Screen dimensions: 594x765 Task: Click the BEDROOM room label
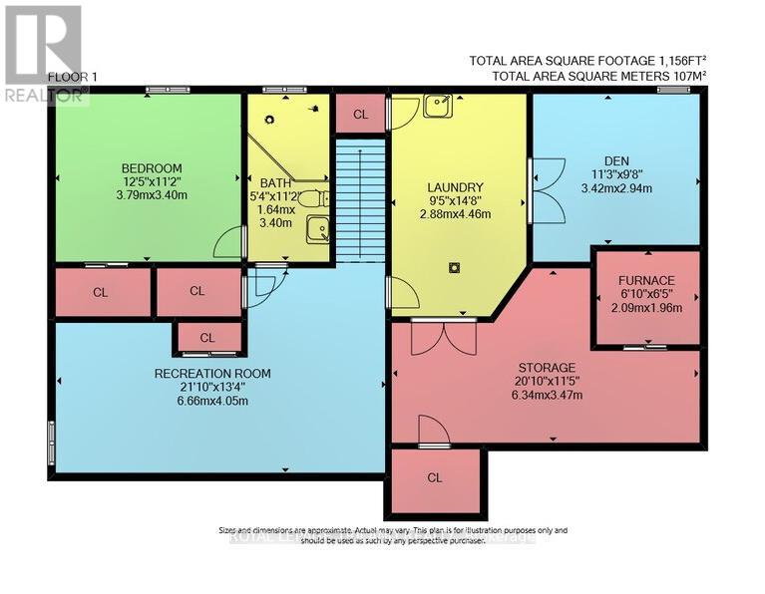pos(150,166)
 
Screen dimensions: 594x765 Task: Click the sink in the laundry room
pos(435,106)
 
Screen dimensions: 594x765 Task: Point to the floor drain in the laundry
pos(454,266)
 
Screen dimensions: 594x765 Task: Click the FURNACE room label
pos(645,280)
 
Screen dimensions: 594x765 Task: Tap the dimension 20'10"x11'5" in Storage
pos(544,382)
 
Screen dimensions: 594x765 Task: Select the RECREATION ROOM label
pos(212,374)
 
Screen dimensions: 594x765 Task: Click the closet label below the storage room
pos(434,477)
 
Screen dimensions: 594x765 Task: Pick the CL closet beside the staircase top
pos(360,115)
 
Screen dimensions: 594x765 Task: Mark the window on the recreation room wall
pos(51,441)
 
